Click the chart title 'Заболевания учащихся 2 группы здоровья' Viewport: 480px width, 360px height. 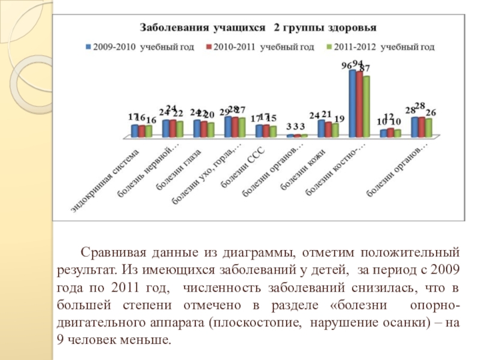point(258,28)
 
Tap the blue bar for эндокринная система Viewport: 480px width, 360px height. point(134,131)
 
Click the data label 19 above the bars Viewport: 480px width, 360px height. point(339,119)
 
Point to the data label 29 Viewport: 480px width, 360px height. point(224,112)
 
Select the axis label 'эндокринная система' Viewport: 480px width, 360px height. point(105,179)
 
